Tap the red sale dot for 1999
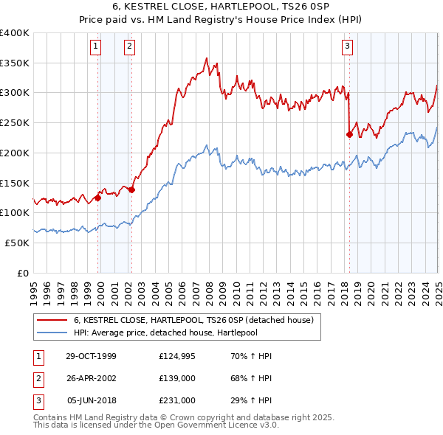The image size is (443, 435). (97, 197)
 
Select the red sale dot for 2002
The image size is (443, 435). (131, 189)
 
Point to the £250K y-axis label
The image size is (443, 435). (14, 122)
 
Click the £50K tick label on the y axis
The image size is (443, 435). (17, 243)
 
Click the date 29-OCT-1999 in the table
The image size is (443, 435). (91, 356)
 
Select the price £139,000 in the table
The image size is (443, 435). (177, 378)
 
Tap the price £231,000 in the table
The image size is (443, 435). (177, 400)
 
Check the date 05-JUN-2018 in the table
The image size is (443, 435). (92, 400)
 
